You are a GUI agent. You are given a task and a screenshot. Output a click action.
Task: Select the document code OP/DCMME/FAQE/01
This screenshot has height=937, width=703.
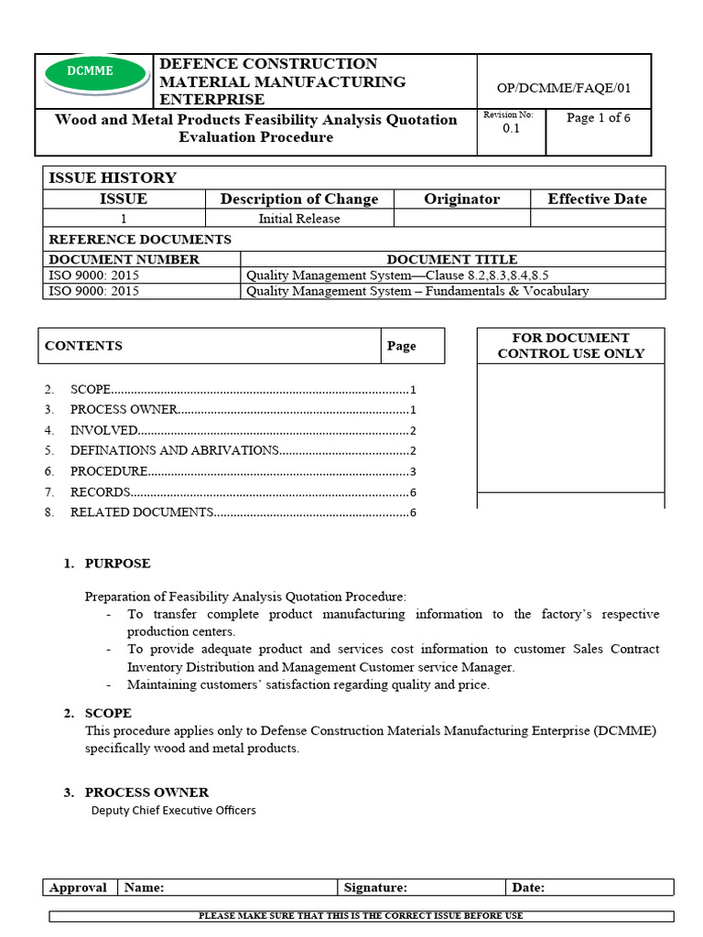coord(563,88)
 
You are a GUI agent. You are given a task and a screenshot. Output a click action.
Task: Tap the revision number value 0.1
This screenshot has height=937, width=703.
coord(511,129)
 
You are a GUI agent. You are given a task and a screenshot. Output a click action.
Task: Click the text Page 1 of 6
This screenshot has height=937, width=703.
coord(598,118)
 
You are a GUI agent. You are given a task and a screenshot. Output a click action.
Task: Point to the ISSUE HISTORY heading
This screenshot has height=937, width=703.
coord(112,178)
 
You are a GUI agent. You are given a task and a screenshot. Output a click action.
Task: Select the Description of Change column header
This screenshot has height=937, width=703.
coord(299,199)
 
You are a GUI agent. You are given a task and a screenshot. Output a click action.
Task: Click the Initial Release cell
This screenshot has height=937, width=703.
coord(299,219)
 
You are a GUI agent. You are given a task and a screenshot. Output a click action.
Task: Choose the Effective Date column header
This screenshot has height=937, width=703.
coord(597,199)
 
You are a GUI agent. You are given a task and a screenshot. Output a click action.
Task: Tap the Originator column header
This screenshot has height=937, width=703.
coord(461,199)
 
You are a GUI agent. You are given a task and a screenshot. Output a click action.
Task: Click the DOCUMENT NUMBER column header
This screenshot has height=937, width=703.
coord(124,259)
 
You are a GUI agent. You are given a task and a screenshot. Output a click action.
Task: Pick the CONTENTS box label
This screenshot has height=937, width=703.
coord(83,346)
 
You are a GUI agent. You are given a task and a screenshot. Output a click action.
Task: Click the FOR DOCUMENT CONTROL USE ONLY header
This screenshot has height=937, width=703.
coord(570,345)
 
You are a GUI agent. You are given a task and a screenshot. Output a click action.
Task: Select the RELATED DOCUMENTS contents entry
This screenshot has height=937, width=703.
coord(141,512)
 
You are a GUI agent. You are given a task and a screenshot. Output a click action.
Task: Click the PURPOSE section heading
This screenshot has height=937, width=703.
coord(117,564)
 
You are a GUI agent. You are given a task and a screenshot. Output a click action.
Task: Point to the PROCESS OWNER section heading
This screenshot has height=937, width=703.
coord(146,792)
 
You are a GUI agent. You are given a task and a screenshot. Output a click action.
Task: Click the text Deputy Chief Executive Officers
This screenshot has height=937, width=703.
coord(173,811)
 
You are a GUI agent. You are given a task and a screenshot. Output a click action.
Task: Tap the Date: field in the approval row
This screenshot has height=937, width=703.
coord(528,888)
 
